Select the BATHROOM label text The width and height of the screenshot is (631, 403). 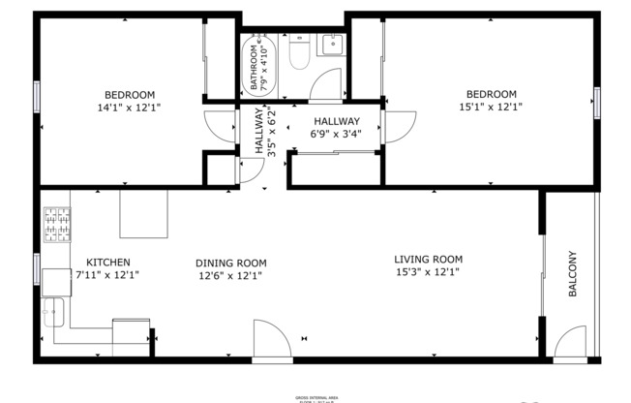click(255, 67)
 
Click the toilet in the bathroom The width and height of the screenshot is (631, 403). click(298, 54)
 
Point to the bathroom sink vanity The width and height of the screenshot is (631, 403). click(332, 45)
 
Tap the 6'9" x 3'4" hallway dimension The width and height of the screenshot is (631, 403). click(336, 134)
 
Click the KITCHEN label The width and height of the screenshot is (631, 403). click(107, 262)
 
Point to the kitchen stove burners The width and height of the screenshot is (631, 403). click(54, 227)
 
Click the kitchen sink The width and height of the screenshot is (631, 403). click(52, 312)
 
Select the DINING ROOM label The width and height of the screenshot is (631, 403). click(230, 263)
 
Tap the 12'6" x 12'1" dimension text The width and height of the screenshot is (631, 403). click(230, 275)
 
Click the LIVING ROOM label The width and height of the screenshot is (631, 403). click(428, 260)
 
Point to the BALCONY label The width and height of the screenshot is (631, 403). click(572, 275)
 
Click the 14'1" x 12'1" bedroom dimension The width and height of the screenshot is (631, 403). click(130, 108)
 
